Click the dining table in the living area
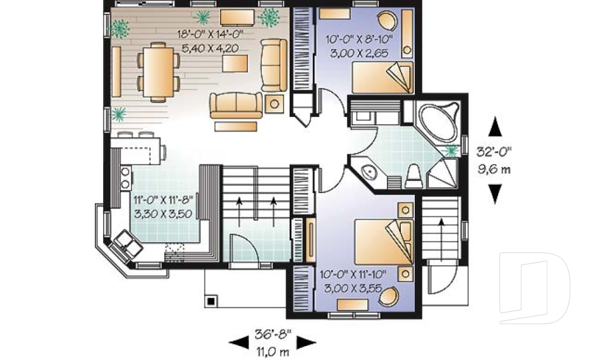point(158,71)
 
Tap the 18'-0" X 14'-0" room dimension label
point(210,34)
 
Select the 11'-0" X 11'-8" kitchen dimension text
point(163,200)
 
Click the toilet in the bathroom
point(414,177)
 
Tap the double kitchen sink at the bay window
point(126,245)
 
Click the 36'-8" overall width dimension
point(273,334)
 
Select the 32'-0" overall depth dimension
point(494,151)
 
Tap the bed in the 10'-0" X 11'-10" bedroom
point(384,242)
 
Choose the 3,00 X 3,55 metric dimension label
point(353,289)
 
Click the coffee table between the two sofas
point(235,63)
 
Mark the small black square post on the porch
point(211,301)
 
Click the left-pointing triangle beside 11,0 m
point(239,342)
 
